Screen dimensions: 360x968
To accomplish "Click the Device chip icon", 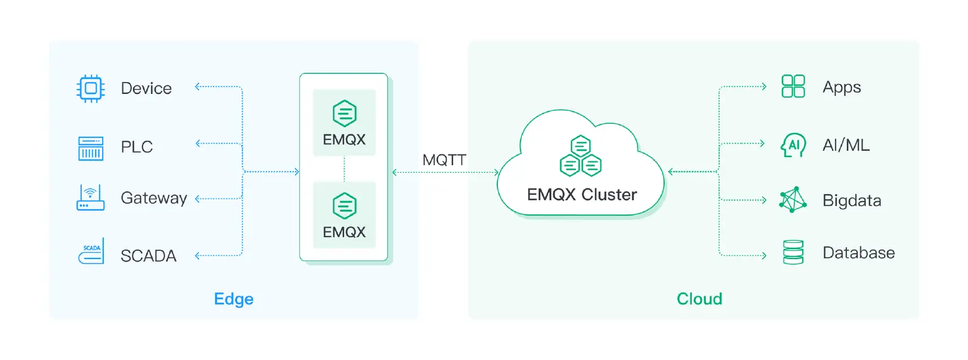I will [90, 88].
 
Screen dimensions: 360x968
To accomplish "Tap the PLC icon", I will [90, 148].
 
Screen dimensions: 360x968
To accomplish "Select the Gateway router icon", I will [90, 197].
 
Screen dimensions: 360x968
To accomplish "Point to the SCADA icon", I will [90, 252].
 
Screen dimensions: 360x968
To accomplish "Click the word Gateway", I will [154, 199].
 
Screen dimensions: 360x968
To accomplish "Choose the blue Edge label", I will [234, 298].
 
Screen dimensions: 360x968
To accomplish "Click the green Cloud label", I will [699, 298].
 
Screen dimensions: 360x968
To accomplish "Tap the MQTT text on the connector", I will [444, 160].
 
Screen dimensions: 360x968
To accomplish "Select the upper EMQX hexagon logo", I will [344, 113].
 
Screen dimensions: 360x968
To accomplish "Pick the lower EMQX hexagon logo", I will [344, 206].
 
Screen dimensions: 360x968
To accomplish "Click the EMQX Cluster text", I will [582, 194].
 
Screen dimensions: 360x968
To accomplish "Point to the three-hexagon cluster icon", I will [580, 156].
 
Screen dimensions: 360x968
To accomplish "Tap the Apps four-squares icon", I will [793, 86].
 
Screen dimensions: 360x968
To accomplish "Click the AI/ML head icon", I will [793, 144].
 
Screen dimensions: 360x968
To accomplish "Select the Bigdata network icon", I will [793, 200].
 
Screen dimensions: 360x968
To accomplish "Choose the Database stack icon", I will [793, 252].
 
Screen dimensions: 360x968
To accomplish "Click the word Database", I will [858, 253].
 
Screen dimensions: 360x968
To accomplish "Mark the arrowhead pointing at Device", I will [198, 86].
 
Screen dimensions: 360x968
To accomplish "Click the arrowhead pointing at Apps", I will [764, 86].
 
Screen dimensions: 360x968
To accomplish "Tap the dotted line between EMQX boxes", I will [344, 168].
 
